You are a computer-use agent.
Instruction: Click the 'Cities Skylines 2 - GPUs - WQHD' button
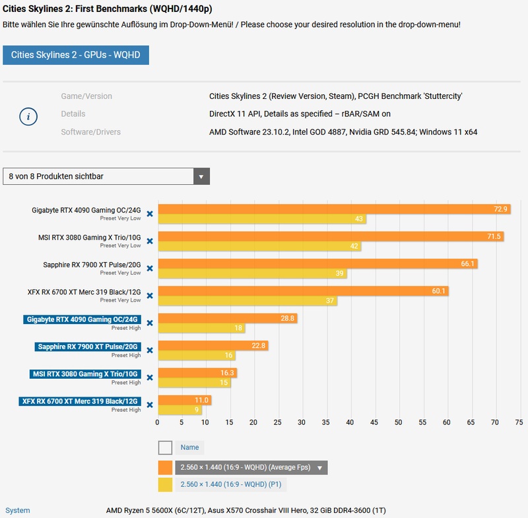(76, 55)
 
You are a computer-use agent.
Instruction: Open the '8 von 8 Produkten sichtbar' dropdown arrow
(201, 176)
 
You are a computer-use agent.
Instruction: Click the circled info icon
(28, 116)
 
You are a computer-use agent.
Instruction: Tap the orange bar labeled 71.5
(330, 236)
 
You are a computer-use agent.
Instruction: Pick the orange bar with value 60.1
(303, 291)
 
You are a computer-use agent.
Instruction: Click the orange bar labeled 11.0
(184, 400)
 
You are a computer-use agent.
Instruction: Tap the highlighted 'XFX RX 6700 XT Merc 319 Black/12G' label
(80, 401)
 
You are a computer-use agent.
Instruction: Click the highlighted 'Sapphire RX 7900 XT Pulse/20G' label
(88, 346)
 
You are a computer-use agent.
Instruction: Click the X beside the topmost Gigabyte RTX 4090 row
(150, 214)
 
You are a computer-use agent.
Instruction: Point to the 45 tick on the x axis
(374, 422)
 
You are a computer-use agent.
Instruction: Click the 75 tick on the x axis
(519, 422)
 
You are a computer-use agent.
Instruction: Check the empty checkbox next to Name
(165, 447)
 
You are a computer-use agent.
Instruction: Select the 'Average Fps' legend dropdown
(251, 467)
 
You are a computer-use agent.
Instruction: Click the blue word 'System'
(17, 510)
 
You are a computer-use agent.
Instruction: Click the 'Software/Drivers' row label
(91, 132)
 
